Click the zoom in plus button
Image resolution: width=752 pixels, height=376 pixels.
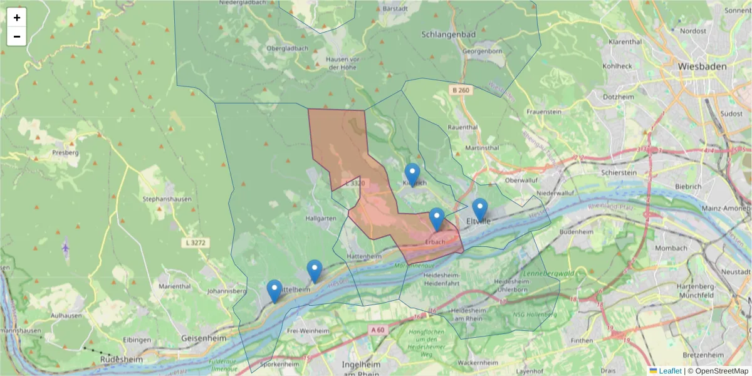pyautogui.click(x=17, y=18)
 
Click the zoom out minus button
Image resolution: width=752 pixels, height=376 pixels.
pyautogui.click(x=17, y=36)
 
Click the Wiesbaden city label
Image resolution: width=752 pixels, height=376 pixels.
pyautogui.click(x=702, y=66)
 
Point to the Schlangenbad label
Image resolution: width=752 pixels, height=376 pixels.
pyautogui.click(x=449, y=35)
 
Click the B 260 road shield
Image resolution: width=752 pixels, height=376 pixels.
pyautogui.click(x=460, y=90)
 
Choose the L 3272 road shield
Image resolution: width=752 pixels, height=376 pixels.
pyautogui.click(x=197, y=243)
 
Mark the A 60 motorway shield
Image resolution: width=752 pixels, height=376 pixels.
pyautogui.click(x=377, y=330)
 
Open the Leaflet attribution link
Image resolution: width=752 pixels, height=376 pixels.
pyautogui.click(x=669, y=371)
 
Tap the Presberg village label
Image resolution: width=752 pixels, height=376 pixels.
pyautogui.click(x=65, y=152)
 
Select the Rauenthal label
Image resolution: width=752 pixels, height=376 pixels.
pyautogui.click(x=463, y=127)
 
